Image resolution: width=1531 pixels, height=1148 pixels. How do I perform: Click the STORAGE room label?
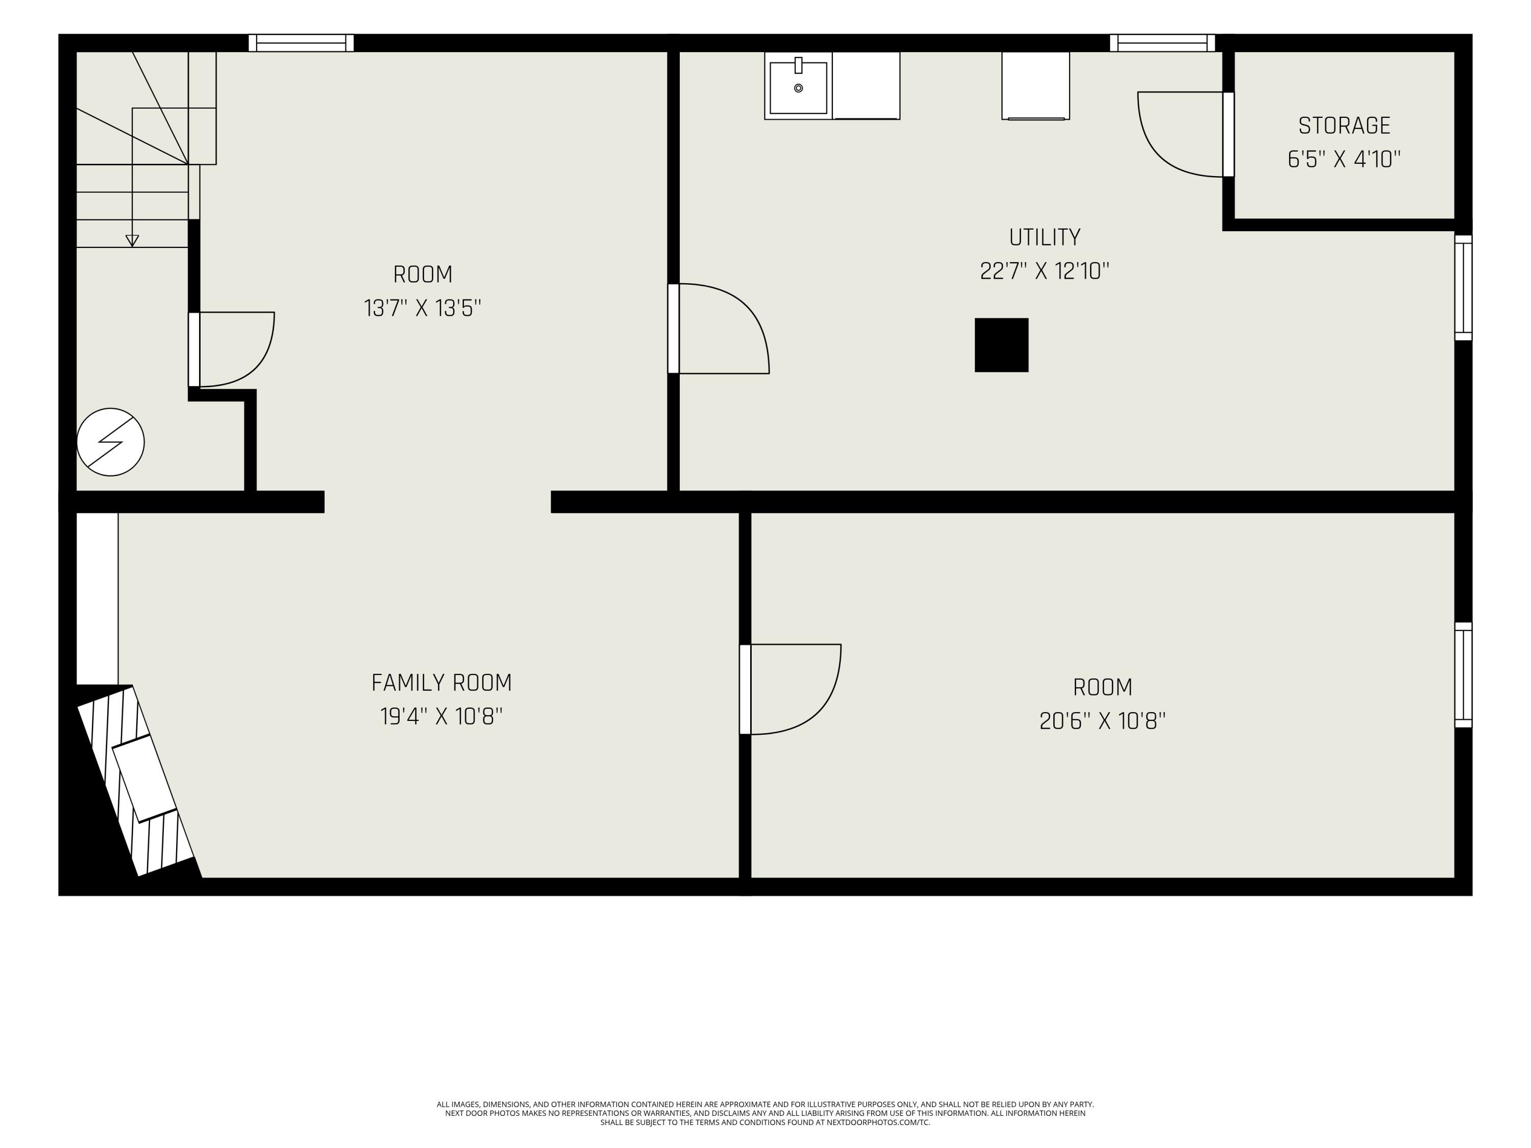point(1344,126)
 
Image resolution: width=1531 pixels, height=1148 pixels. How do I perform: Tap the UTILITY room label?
point(1045,237)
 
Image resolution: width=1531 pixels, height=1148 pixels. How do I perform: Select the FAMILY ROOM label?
point(441,683)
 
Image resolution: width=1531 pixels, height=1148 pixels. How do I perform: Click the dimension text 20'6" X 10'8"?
point(1102,721)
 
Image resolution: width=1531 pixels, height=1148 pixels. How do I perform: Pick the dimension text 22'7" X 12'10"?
point(1045,270)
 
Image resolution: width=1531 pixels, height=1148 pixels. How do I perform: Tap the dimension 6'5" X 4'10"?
point(1344,159)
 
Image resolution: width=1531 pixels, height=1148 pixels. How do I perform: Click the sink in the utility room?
point(798,86)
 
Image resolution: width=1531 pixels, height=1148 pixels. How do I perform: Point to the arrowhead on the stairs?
point(132,241)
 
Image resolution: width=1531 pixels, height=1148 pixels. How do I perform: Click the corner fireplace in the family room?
point(135,781)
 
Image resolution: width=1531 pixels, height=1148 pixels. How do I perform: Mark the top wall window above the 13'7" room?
point(301,43)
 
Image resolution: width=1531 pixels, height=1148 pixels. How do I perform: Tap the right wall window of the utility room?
point(1463,288)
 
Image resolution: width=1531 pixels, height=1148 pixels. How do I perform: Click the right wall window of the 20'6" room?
point(1463,675)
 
